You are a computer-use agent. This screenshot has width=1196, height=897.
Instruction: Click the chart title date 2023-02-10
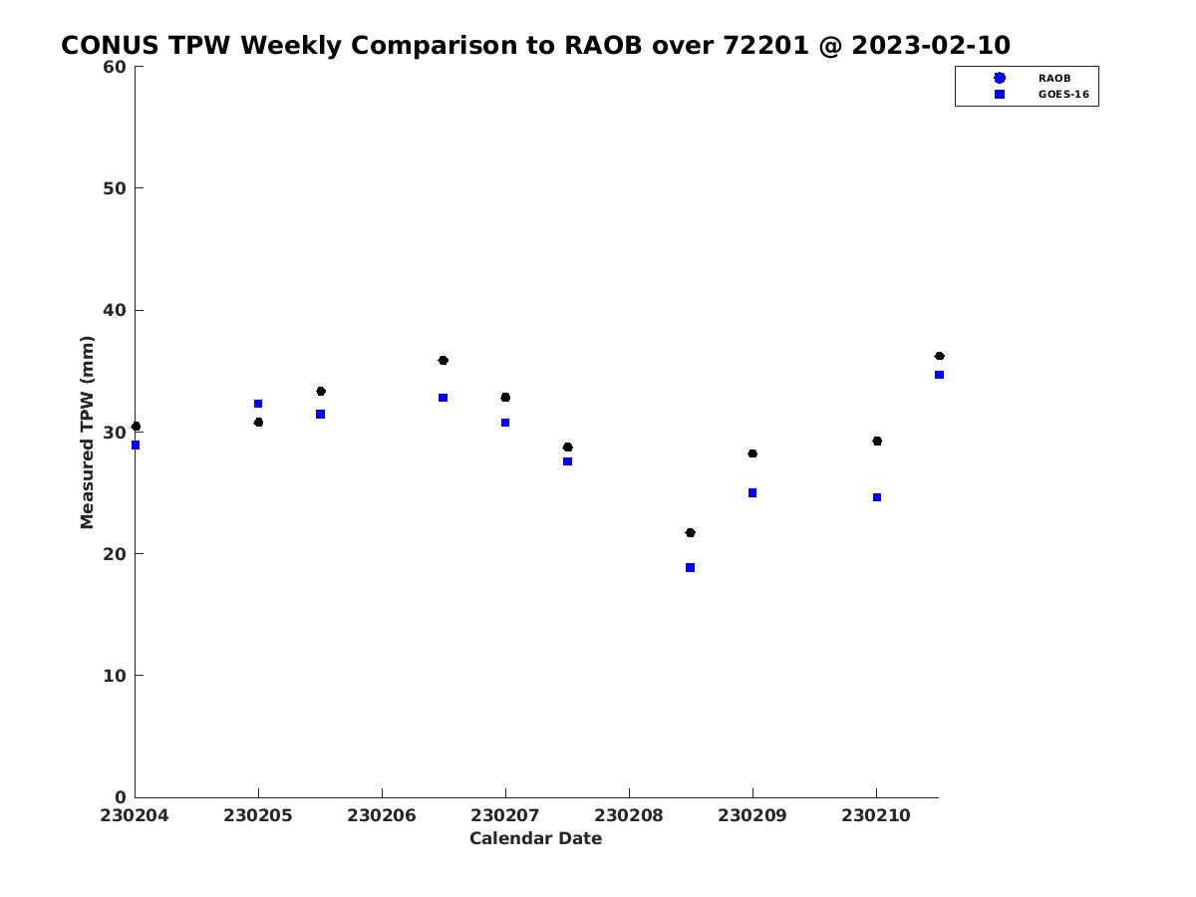pyautogui.click(x=931, y=45)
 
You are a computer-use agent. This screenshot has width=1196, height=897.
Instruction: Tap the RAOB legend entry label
pyautogui.click(x=1054, y=79)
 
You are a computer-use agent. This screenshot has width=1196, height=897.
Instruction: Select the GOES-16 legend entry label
pyautogui.click(x=1063, y=95)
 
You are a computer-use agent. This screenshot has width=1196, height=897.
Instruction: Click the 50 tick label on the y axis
pyautogui.click(x=115, y=188)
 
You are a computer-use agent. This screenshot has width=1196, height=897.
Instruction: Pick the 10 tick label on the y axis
pyautogui.click(x=115, y=676)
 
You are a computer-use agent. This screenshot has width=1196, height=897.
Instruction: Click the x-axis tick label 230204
pyautogui.click(x=134, y=815)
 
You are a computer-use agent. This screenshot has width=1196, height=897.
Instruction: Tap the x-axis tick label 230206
pyautogui.click(x=382, y=815)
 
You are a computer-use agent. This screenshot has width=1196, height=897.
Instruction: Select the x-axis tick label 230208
pyautogui.click(x=628, y=815)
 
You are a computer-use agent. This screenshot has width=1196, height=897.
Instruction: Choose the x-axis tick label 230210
pyautogui.click(x=876, y=815)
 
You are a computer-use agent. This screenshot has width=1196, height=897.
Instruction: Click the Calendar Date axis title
pyautogui.click(x=535, y=838)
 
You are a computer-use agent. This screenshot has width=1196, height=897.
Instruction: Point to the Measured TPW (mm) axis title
pyautogui.click(x=87, y=433)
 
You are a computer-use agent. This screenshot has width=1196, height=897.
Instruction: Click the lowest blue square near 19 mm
pyautogui.click(x=690, y=567)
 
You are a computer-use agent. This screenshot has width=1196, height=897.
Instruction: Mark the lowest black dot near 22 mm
pyautogui.click(x=690, y=532)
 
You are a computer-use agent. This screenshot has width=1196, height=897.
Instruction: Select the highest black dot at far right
pyautogui.click(x=939, y=356)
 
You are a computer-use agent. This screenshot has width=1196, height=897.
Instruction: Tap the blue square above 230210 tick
pyautogui.click(x=877, y=497)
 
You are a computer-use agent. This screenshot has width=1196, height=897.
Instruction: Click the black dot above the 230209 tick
pyautogui.click(x=752, y=453)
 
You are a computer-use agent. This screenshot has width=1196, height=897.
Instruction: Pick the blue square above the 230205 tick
pyautogui.click(x=258, y=404)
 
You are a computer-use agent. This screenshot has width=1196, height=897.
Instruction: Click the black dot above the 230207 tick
pyautogui.click(x=505, y=398)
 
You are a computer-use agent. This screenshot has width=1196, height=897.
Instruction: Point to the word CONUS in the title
pyautogui.click(x=110, y=45)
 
